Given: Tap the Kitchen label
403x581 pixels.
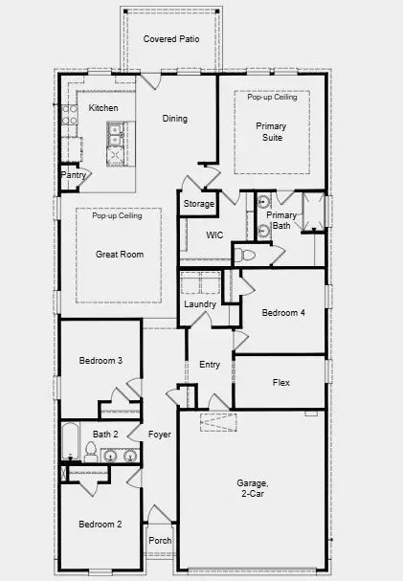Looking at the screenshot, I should [x=103, y=108].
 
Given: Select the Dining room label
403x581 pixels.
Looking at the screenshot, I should [x=174, y=119].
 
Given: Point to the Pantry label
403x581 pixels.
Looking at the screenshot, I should [x=74, y=175].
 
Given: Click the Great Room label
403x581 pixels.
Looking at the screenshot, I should [x=119, y=255].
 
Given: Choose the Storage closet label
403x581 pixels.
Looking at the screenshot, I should [x=198, y=204].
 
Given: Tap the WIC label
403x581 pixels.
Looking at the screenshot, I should [x=214, y=235].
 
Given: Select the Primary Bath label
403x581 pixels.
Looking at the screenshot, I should [x=282, y=221].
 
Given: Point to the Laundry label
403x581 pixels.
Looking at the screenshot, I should [x=199, y=304].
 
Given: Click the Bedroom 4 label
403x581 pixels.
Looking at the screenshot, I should [x=283, y=313].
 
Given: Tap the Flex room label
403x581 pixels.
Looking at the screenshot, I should [x=280, y=383].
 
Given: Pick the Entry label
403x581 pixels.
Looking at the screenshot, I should [x=210, y=365].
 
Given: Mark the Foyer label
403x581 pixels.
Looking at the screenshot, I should [x=160, y=435].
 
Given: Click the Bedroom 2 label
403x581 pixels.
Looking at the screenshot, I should [x=100, y=524].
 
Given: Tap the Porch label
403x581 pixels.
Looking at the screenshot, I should [x=160, y=541].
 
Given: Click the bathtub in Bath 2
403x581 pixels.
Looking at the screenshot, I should [x=71, y=441].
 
